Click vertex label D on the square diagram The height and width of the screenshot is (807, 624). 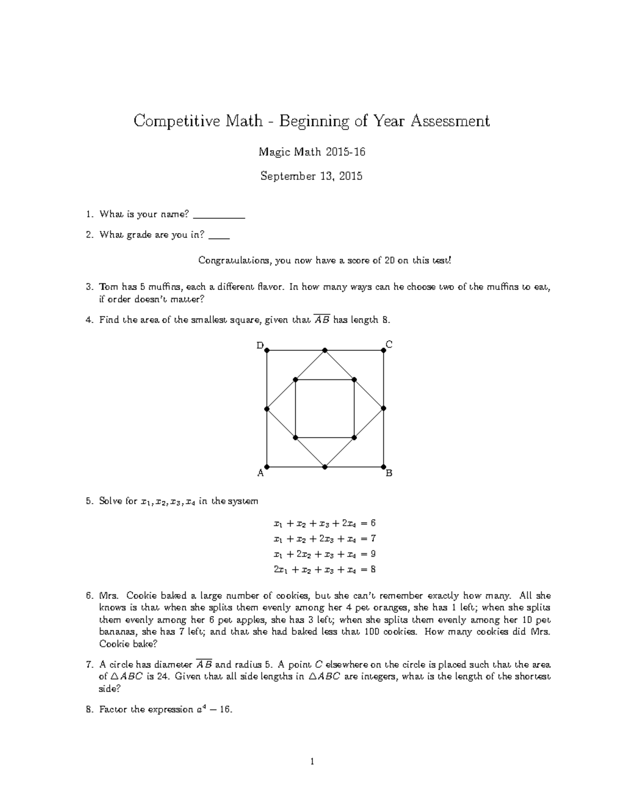(260, 345)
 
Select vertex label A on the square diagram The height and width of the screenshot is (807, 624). (261, 473)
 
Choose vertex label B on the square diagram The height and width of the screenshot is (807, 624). (389, 473)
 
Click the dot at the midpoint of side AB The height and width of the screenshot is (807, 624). (325, 467)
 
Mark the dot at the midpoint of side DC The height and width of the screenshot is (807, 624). (325, 351)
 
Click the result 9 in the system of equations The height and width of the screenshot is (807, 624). (372, 554)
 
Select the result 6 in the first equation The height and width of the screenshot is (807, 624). (372, 523)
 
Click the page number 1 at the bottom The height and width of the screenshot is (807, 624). (312, 762)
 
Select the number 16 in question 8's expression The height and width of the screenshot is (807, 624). (225, 709)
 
